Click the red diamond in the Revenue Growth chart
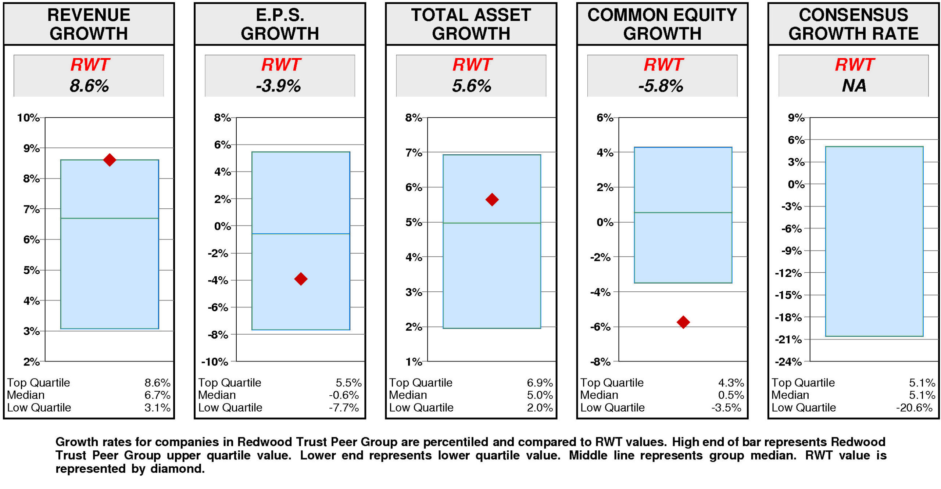[110, 159]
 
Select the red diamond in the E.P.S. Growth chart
[301, 278]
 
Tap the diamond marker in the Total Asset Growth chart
[492, 199]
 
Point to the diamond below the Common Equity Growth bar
[683, 322]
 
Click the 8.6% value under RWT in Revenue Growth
[89, 86]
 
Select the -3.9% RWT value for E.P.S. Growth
[279, 86]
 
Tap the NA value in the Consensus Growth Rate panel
[854, 86]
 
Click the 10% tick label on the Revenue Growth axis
[28, 118]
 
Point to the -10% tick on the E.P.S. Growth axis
[215, 362]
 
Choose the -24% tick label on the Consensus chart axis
[788, 362]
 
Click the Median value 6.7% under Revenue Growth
[157, 395]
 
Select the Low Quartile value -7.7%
[344, 407]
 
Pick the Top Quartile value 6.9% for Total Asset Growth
[539, 382]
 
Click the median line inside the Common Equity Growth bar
[683, 212]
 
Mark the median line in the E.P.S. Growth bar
[301, 233]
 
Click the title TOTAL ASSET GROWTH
[471, 24]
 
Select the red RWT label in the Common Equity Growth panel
[663, 65]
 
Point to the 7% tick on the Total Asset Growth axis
[414, 152]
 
